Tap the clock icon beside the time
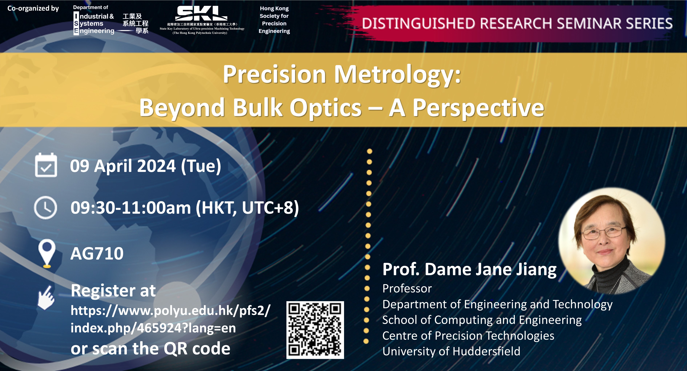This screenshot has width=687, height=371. (46, 208)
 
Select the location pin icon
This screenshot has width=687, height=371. (47, 253)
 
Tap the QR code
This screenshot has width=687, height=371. (315, 330)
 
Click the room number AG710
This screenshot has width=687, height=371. (97, 253)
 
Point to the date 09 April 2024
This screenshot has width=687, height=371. (123, 166)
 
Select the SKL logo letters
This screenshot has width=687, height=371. (201, 13)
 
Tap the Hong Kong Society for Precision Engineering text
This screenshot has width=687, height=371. (274, 20)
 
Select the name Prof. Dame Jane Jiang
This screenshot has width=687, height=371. (469, 269)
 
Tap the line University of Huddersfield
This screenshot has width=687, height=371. (451, 351)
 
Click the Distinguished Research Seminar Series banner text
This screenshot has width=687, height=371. (517, 23)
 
